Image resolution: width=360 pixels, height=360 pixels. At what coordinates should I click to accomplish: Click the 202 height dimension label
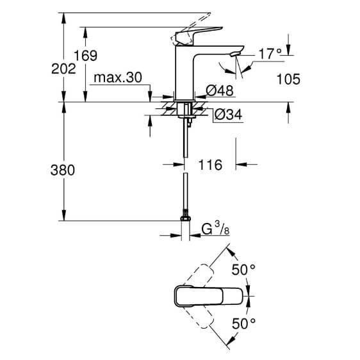point(63,69)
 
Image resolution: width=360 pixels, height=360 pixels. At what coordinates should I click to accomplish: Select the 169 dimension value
point(85,56)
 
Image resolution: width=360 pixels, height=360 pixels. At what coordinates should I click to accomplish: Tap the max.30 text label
point(118,78)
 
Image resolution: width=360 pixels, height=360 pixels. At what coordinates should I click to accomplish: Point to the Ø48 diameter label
point(220,90)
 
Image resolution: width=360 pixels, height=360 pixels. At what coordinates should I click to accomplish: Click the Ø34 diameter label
point(228,114)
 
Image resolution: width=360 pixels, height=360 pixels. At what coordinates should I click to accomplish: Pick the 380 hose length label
point(63,170)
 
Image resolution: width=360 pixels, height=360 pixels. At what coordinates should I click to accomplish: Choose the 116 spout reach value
point(210,165)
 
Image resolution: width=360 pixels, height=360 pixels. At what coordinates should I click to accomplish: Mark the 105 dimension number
point(288,79)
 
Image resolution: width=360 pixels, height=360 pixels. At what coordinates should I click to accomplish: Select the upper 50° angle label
point(243,270)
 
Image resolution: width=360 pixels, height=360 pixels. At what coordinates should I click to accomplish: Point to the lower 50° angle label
point(243,323)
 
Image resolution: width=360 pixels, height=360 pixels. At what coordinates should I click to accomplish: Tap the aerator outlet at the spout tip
point(234,54)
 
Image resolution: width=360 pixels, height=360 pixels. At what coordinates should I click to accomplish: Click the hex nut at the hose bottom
point(186,218)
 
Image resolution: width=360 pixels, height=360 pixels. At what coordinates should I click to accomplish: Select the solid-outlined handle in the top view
point(208,296)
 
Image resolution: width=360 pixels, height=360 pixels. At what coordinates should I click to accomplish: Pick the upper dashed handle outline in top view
point(199,275)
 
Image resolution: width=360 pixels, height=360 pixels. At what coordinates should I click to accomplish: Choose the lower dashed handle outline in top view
point(199,317)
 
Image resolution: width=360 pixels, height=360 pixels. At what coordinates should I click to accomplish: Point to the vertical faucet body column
point(184,73)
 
